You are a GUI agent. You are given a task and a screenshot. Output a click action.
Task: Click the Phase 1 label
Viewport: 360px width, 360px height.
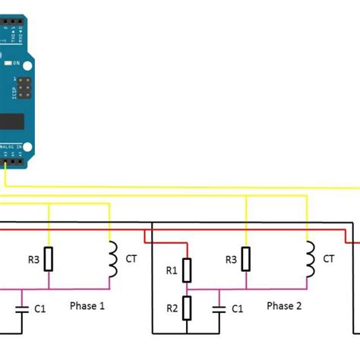pos(87,305)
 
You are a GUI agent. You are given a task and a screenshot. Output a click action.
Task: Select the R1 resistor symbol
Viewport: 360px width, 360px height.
pos(187,269)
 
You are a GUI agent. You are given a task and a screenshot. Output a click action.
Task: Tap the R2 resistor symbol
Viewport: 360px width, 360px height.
pos(187,308)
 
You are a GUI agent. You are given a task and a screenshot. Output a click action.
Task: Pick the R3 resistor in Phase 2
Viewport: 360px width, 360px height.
pos(245,258)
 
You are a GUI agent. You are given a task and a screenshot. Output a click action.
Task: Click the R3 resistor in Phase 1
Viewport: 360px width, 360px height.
pos(49,258)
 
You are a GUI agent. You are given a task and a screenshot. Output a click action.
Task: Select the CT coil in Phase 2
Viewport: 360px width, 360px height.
pos(309,259)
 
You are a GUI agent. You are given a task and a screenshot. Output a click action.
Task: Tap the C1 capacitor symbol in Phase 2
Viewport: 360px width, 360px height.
pos(219,308)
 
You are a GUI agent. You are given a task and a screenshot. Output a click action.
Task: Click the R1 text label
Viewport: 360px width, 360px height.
pos(171,270)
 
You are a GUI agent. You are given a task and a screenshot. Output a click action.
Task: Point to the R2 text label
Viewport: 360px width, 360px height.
pos(171,308)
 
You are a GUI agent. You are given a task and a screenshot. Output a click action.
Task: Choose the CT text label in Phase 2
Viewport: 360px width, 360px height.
pos(329,259)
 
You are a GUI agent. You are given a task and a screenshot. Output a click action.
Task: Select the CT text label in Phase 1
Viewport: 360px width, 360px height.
pos(132,259)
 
